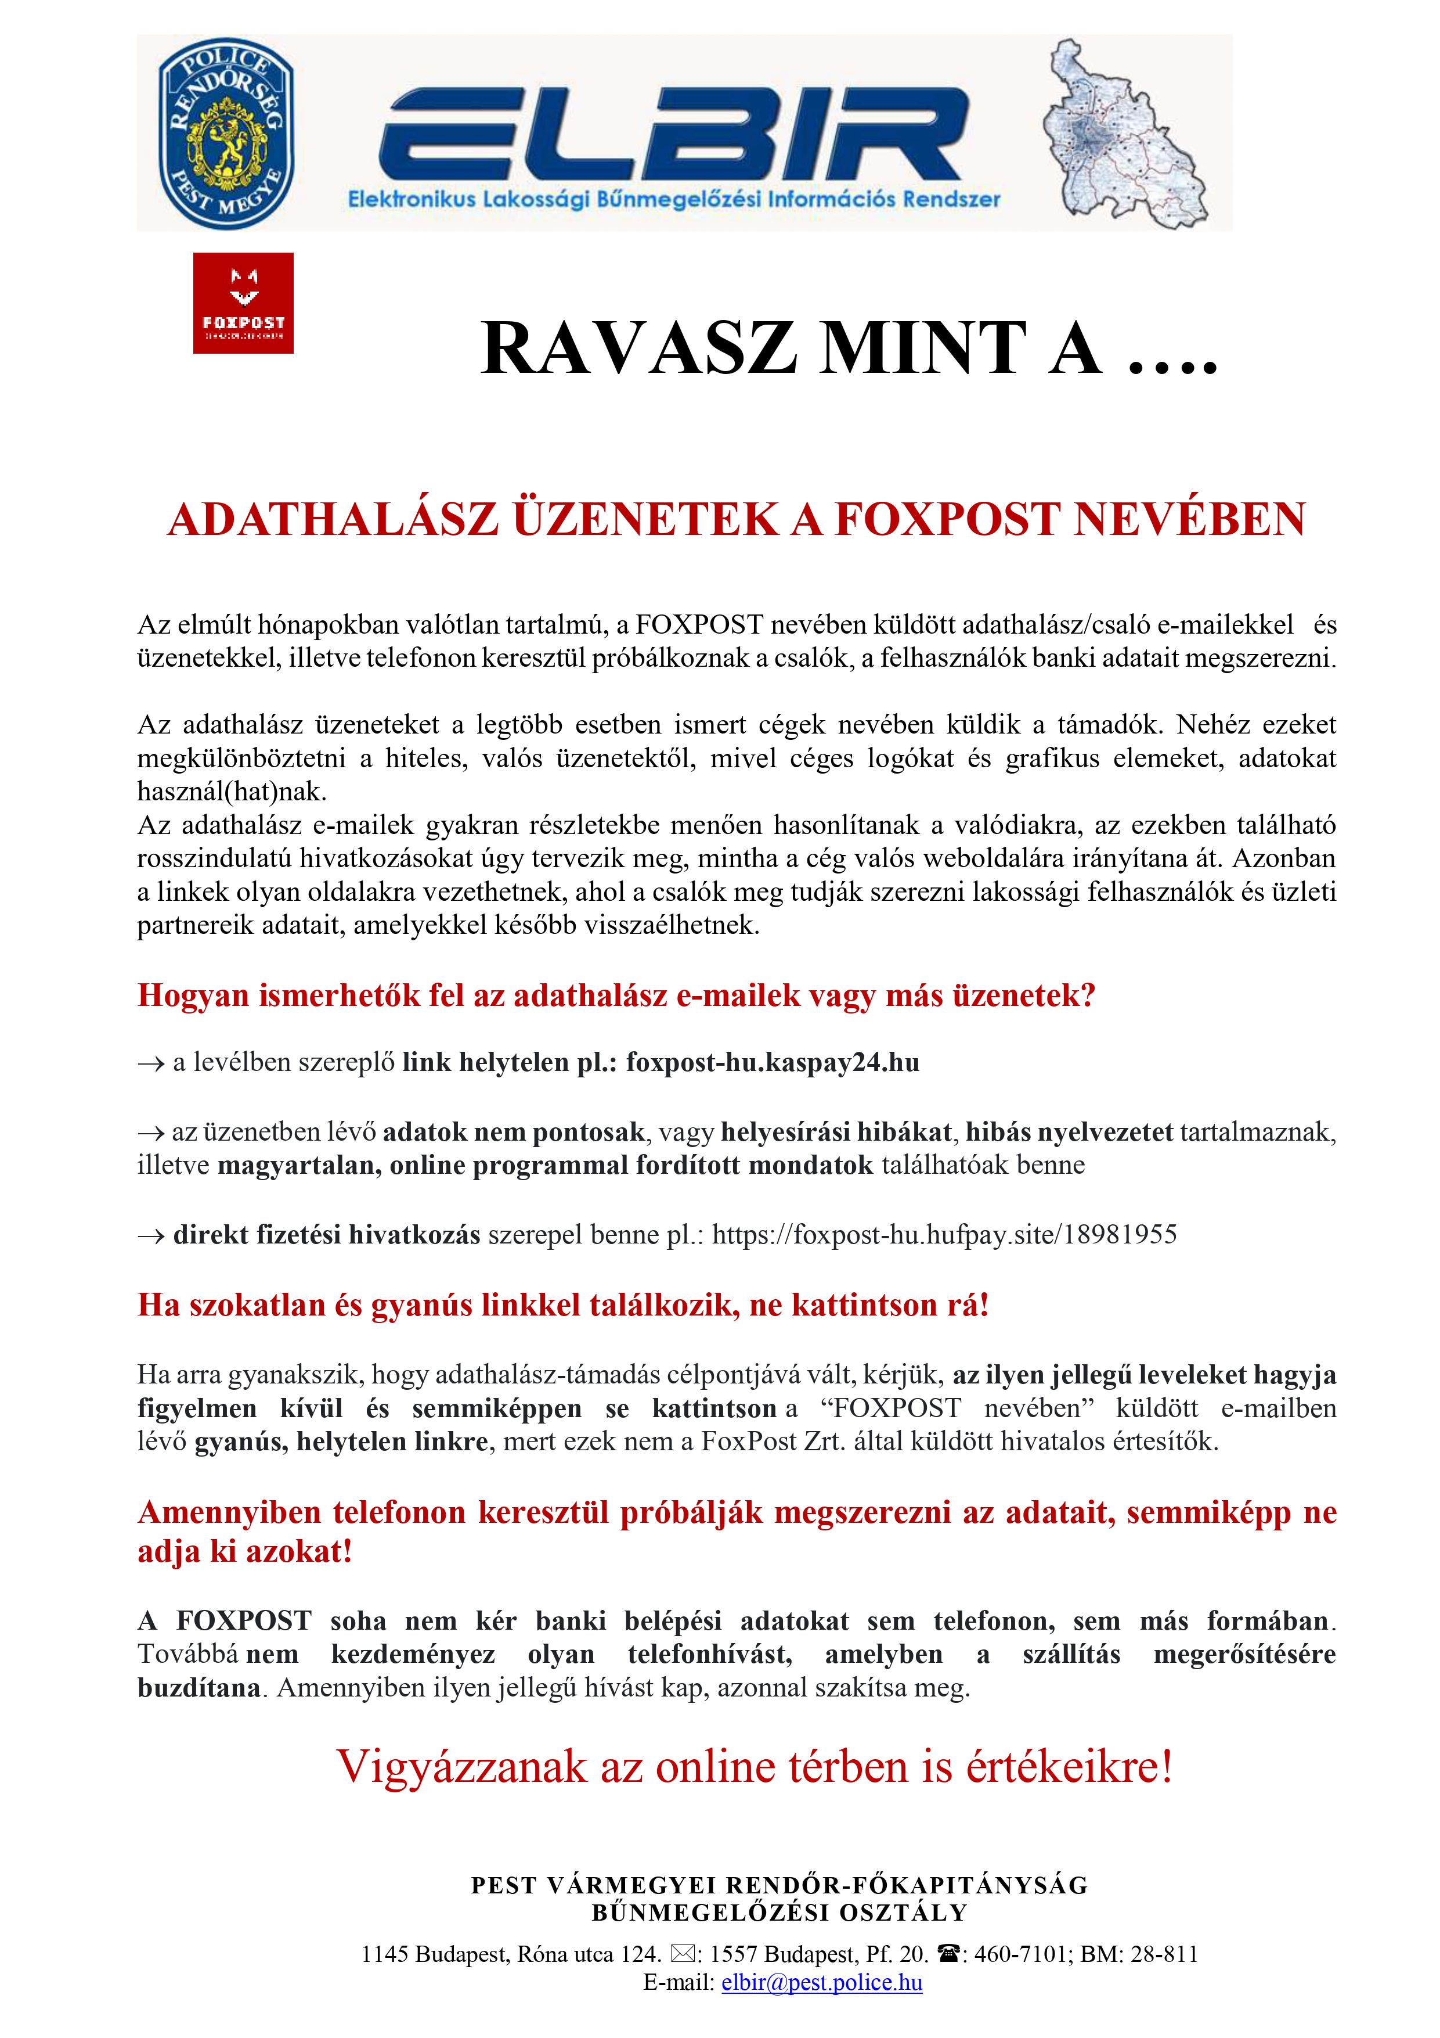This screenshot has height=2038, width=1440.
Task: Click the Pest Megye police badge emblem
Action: click(x=226, y=133)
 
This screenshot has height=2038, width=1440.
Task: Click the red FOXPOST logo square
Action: click(x=243, y=303)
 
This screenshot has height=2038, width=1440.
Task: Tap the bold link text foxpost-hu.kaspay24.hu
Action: click(x=772, y=1062)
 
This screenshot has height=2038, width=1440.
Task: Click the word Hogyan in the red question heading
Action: click(x=193, y=996)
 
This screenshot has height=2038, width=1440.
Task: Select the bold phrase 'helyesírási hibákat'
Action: click(x=836, y=1132)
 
